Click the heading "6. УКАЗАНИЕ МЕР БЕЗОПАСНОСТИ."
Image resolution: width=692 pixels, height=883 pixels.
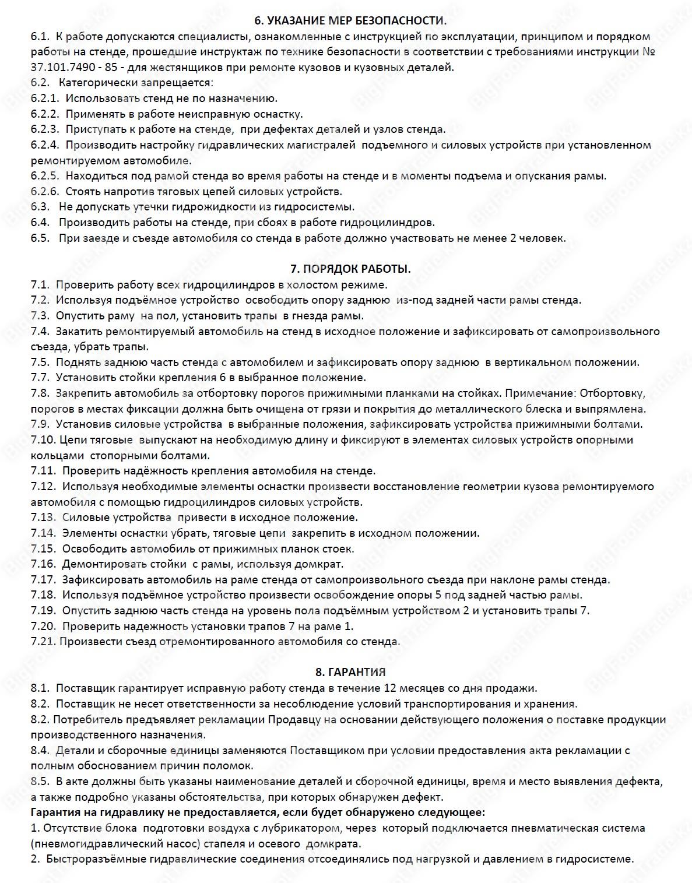click(x=350, y=21)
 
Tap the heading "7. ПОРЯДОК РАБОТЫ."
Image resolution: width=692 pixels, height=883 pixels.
click(x=350, y=269)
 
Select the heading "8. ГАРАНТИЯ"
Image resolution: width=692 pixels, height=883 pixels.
click(x=350, y=672)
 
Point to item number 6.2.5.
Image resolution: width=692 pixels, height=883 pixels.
click(x=45, y=176)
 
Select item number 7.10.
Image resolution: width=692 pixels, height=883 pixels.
click(x=43, y=440)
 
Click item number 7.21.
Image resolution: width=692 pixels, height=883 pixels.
click(x=43, y=642)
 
